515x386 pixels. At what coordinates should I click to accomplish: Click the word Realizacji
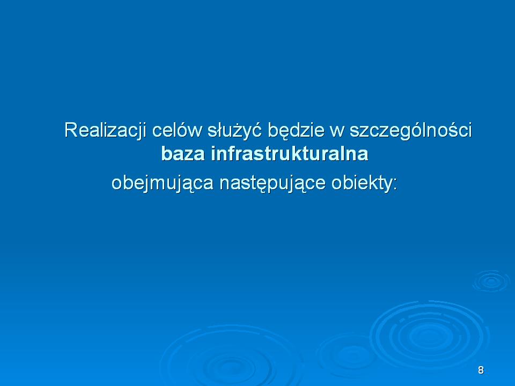pyautogui.click(x=105, y=130)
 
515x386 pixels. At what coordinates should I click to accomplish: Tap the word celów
pyautogui.click(x=176, y=130)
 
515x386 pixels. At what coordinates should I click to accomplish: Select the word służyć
pyautogui.click(x=234, y=130)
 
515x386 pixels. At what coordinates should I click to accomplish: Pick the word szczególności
pyautogui.click(x=410, y=130)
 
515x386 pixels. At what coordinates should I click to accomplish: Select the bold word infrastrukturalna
pyautogui.click(x=290, y=153)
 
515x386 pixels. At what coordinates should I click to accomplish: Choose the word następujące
pyautogui.click(x=273, y=183)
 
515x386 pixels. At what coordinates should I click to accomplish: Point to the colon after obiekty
pyautogui.click(x=395, y=185)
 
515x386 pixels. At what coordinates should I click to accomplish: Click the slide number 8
pyautogui.click(x=481, y=370)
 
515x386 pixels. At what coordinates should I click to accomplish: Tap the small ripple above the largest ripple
pyautogui.click(x=491, y=281)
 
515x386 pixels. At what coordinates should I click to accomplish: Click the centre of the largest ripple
pyautogui.click(x=428, y=336)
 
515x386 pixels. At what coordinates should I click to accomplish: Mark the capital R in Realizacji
pyautogui.click(x=71, y=130)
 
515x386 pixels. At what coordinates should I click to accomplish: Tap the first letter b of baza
pyautogui.click(x=166, y=153)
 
